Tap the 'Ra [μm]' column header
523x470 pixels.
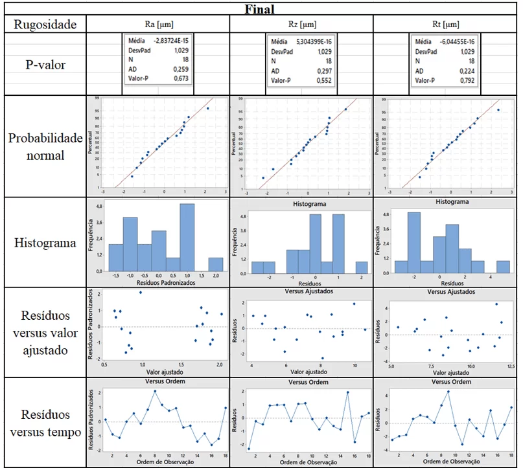[157, 25]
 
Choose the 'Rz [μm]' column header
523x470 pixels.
[301, 25]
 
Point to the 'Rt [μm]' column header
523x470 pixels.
[446, 25]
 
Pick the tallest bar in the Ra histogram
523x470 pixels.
[187, 240]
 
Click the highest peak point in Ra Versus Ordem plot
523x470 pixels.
[155, 391]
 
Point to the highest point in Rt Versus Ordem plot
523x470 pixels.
[448, 391]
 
